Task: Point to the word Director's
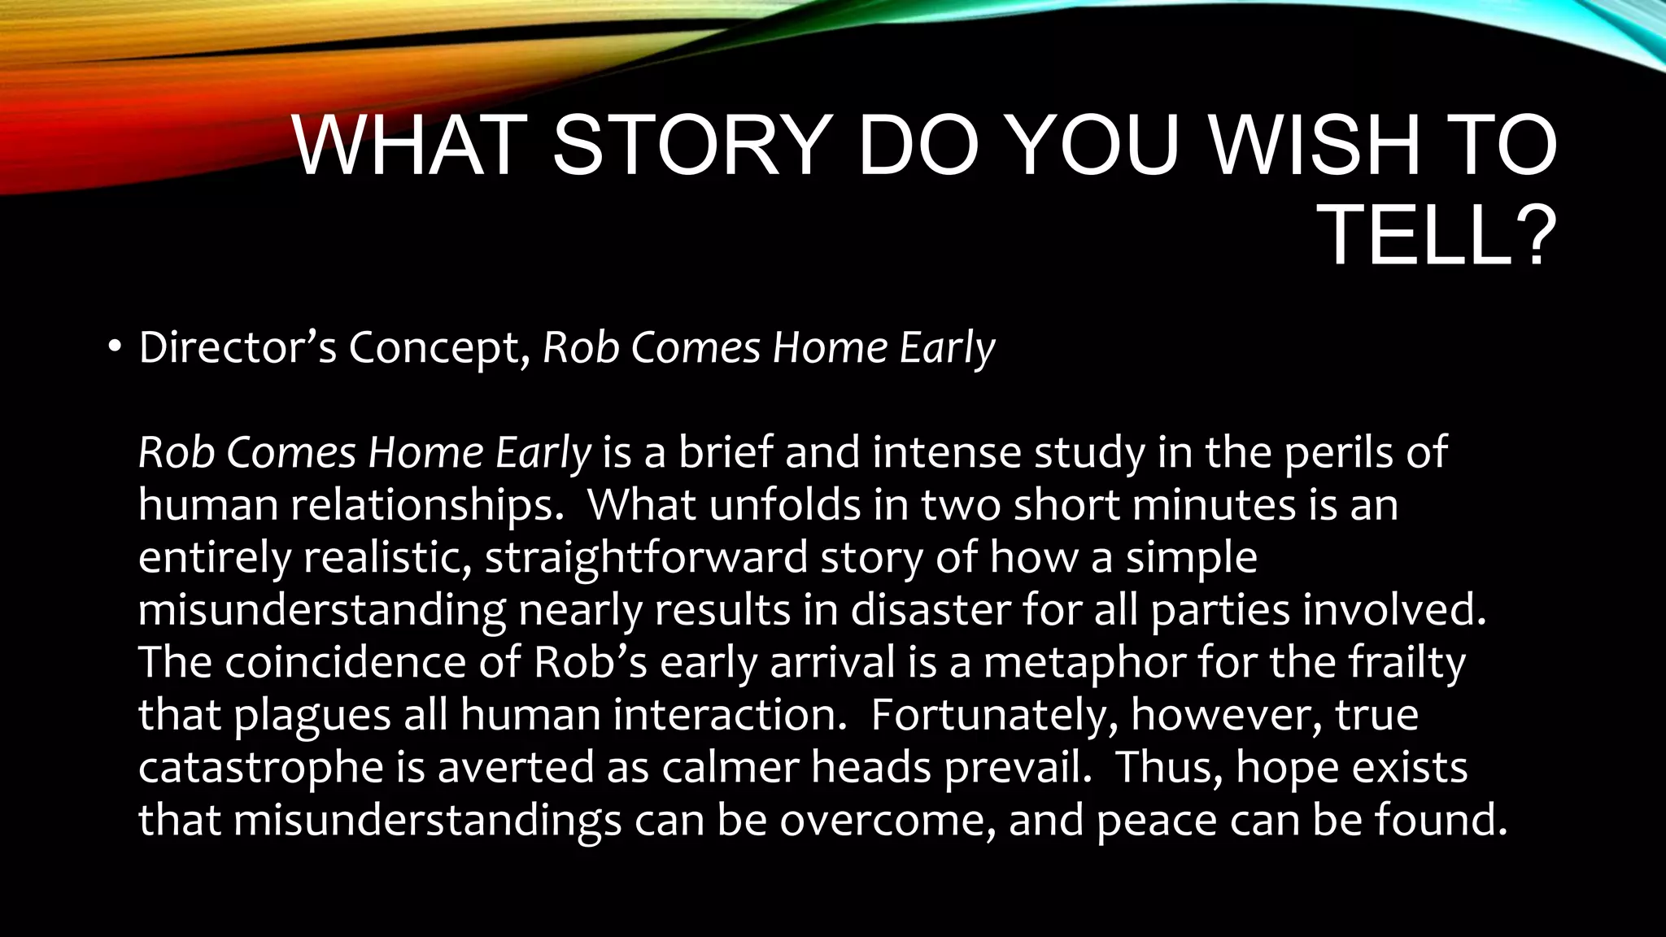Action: click(237, 348)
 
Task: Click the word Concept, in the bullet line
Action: click(439, 348)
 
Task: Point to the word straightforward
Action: click(646, 558)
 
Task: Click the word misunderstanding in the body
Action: click(321, 610)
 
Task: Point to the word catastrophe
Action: click(260, 767)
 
